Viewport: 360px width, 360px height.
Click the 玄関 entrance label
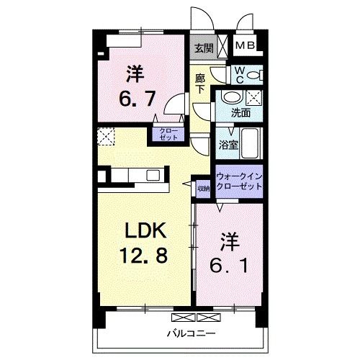[x=203, y=48]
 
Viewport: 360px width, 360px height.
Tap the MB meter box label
[x=246, y=47]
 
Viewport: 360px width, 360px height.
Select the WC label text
[x=238, y=73]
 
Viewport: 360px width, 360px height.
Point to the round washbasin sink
[x=231, y=97]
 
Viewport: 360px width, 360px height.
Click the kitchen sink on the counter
[x=154, y=175]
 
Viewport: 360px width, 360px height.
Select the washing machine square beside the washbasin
[x=253, y=99]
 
